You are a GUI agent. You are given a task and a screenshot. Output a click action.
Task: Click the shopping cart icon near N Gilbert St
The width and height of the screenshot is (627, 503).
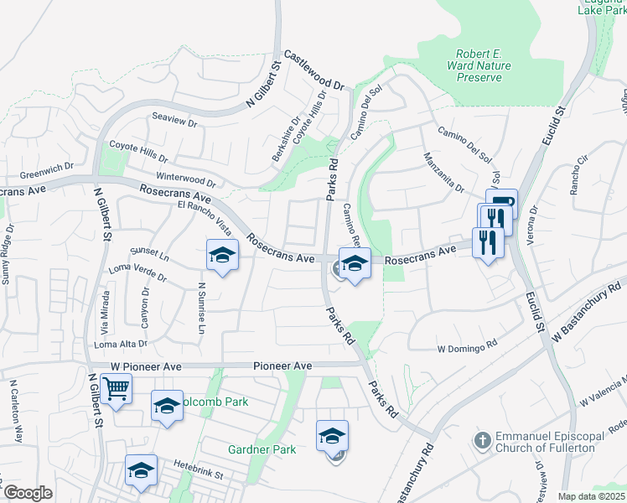point(116,387)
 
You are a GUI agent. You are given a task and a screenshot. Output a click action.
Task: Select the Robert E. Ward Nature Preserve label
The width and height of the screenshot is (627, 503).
point(478,65)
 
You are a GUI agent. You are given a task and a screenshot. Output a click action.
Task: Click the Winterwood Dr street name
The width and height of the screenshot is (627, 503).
point(186,179)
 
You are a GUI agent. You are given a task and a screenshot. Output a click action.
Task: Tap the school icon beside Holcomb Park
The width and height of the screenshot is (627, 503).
point(167,407)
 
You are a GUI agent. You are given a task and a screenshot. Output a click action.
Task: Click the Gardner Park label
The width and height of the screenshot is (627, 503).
point(262,450)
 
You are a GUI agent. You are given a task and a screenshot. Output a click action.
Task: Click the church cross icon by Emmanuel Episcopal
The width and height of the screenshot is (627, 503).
point(483,439)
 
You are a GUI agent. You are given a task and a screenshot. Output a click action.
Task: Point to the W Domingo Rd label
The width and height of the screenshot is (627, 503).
point(467,345)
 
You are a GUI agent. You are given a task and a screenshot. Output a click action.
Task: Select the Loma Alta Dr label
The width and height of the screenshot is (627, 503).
point(122,344)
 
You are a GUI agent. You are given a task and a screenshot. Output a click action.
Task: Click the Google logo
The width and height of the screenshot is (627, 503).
point(27,493)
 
